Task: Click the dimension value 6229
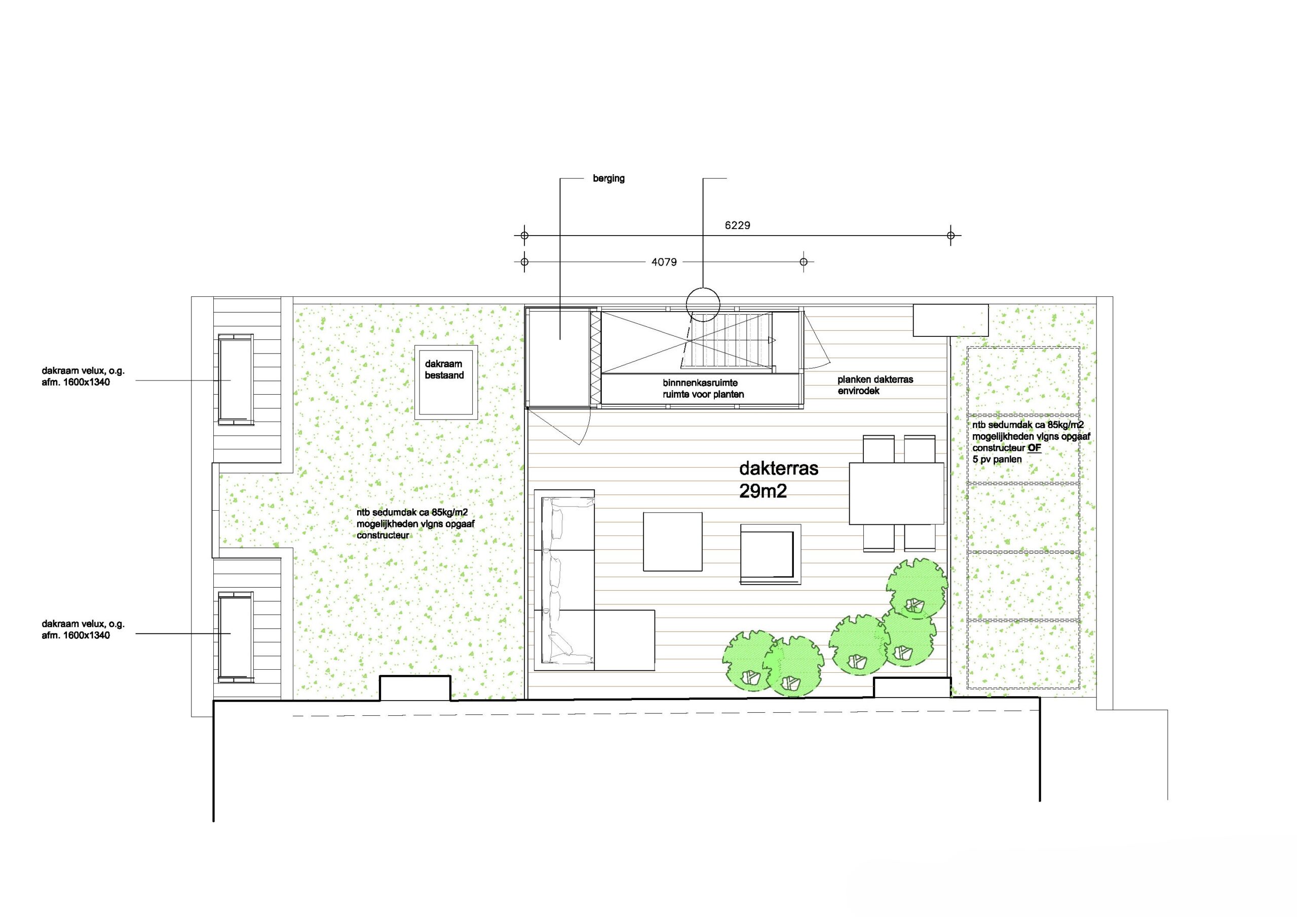pyautogui.click(x=737, y=225)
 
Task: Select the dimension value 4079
pyautogui.click(x=664, y=262)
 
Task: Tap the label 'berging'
pyautogui.click(x=608, y=178)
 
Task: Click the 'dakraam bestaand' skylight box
pyautogui.click(x=446, y=382)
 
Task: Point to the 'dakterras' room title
pyautogui.click(x=778, y=469)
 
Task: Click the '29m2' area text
pyautogui.click(x=762, y=491)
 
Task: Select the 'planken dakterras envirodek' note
pyautogui.click(x=875, y=385)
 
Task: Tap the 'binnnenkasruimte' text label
pyautogui.click(x=700, y=383)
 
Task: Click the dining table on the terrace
pyautogui.click(x=896, y=493)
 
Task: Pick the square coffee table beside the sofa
pyautogui.click(x=673, y=541)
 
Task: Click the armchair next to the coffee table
pyautogui.click(x=771, y=554)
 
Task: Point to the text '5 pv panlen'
pyautogui.click(x=997, y=460)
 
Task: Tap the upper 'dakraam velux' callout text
pyautogui.click(x=83, y=377)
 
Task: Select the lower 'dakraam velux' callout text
pyautogui.click(x=83, y=629)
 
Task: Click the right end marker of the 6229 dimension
pyautogui.click(x=951, y=235)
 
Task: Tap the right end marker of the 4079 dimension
pyautogui.click(x=804, y=261)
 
